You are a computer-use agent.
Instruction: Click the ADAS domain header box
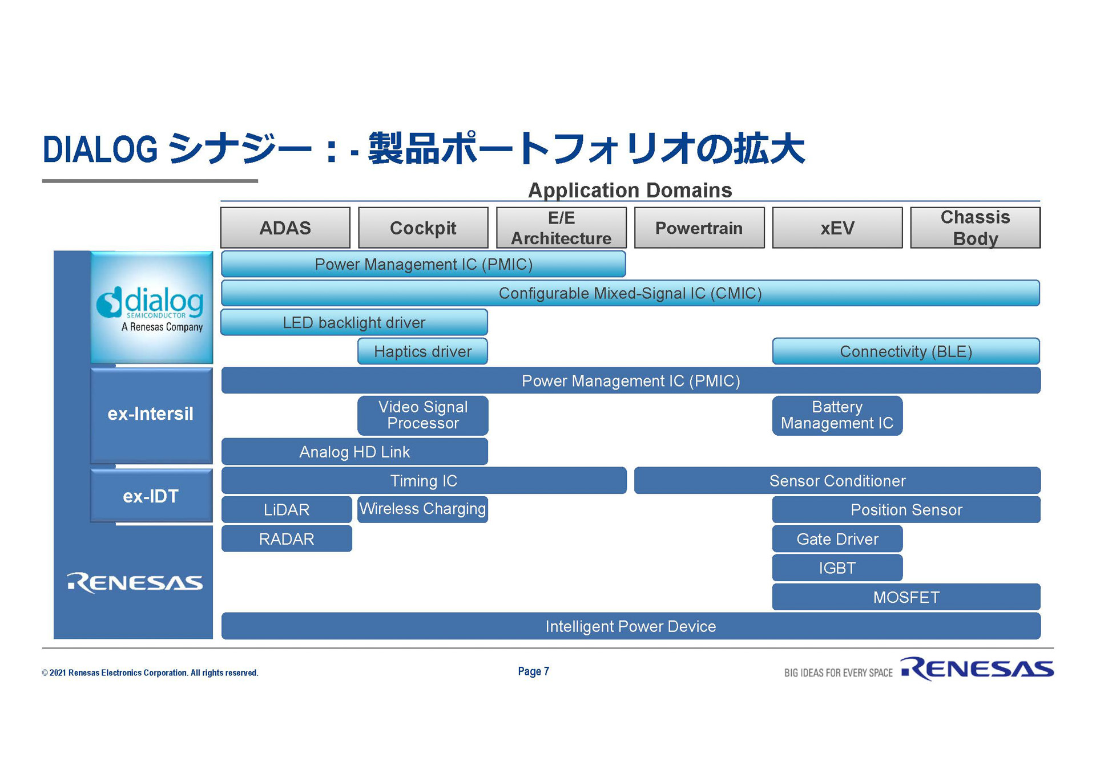(285, 228)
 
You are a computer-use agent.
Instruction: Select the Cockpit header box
(423, 228)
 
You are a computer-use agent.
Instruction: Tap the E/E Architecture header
(561, 228)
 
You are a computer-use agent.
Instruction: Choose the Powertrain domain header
(699, 228)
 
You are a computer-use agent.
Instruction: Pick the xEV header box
(837, 228)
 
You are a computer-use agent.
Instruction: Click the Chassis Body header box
(975, 228)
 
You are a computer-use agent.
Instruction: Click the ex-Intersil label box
(151, 414)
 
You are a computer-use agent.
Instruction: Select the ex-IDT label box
(151, 496)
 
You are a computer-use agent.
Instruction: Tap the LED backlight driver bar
(354, 322)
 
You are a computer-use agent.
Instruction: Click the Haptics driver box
(422, 351)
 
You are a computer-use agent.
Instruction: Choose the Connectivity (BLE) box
(905, 351)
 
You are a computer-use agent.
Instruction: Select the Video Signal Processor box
(422, 415)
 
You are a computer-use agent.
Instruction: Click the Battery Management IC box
(837, 415)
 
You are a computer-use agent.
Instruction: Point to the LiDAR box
(286, 509)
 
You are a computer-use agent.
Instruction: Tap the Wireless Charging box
(422, 509)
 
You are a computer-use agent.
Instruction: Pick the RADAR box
(286, 538)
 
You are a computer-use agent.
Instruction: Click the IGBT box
(837, 568)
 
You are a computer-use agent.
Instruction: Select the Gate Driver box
(837, 538)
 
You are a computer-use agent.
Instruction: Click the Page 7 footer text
(533, 671)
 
